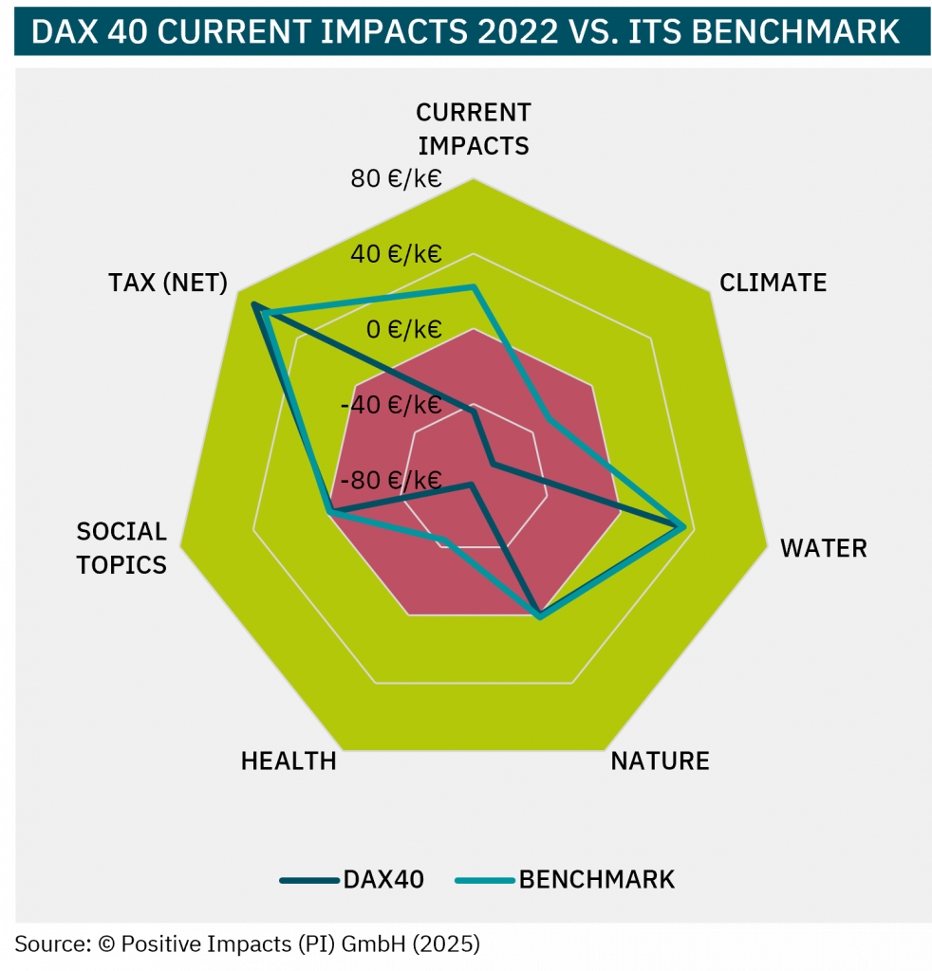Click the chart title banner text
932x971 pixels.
point(465,31)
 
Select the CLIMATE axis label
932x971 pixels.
point(773,283)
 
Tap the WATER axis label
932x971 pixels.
point(823,548)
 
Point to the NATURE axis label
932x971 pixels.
point(660,761)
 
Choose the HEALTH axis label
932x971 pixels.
point(289,761)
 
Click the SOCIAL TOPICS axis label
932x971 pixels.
point(121,548)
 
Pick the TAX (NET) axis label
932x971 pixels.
point(168,283)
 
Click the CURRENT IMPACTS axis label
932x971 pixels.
point(474,129)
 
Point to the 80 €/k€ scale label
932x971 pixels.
point(396,178)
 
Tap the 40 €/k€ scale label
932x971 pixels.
point(396,254)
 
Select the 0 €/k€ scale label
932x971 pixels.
point(405,329)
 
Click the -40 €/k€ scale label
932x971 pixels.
point(391,405)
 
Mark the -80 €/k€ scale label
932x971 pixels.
point(391,480)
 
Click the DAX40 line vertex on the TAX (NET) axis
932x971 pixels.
point(253,304)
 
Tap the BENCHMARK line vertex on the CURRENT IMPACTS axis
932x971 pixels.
point(474,285)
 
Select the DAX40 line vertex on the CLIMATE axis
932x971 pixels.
point(494,464)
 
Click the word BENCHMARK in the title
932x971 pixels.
point(796,31)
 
